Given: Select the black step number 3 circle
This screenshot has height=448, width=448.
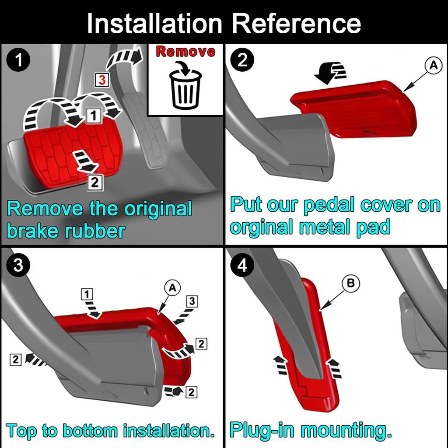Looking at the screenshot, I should pyautogui.click(x=18, y=266).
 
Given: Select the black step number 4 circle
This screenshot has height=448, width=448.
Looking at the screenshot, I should pyautogui.click(x=242, y=266).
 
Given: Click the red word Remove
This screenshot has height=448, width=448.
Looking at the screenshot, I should pyautogui.click(x=185, y=52).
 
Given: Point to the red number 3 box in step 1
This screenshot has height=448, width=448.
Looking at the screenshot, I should pyautogui.click(x=101, y=80).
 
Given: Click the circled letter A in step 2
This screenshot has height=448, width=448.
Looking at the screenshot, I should pyautogui.click(x=433, y=66).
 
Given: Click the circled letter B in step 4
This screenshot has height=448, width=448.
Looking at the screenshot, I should pyautogui.click(x=350, y=284).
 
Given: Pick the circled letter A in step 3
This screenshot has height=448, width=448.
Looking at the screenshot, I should pyautogui.click(x=172, y=287).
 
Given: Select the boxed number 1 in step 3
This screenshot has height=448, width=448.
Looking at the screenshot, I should pyautogui.click(x=87, y=294).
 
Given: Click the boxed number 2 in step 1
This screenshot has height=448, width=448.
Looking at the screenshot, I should pyautogui.click(x=95, y=182).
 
